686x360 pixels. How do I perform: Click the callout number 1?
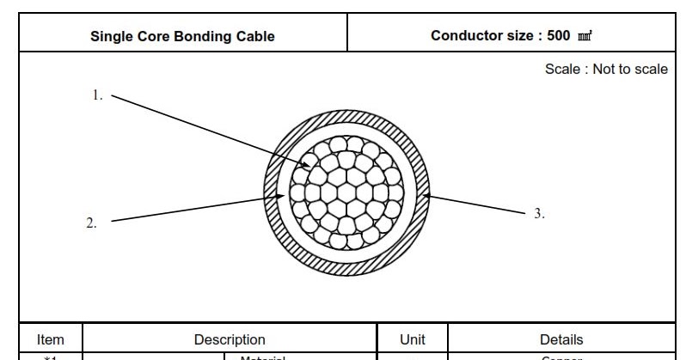pyautogui.click(x=97, y=95)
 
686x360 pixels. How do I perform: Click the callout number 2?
pyautogui.click(x=91, y=223)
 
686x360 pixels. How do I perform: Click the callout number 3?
pyautogui.click(x=539, y=213)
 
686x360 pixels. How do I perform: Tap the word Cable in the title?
pyautogui.click(x=256, y=36)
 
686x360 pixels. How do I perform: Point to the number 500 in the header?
pyautogui.click(x=559, y=36)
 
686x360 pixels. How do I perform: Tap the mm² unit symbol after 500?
pyautogui.click(x=585, y=36)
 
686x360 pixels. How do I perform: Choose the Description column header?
pyautogui.click(x=230, y=340)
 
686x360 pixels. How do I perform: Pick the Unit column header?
pyautogui.click(x=413, y=340)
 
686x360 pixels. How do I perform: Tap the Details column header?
pyautogui.click(x=561, y=340)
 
